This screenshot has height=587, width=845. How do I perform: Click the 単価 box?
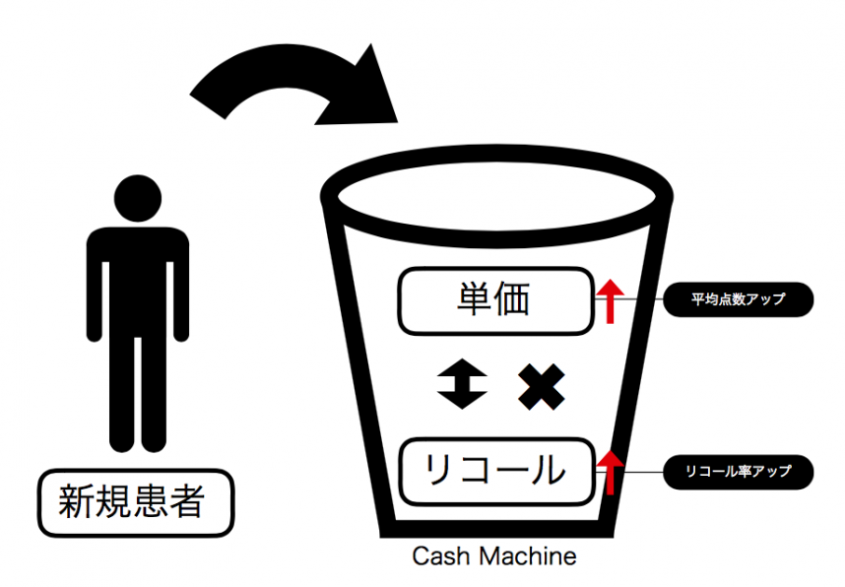[495, 299]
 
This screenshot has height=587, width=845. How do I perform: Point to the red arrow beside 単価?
[611, 299]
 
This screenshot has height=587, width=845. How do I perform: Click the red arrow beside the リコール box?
[611, 471]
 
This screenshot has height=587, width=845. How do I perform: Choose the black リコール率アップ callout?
[739, 472]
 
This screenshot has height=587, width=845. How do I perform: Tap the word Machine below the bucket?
[527, 556]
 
